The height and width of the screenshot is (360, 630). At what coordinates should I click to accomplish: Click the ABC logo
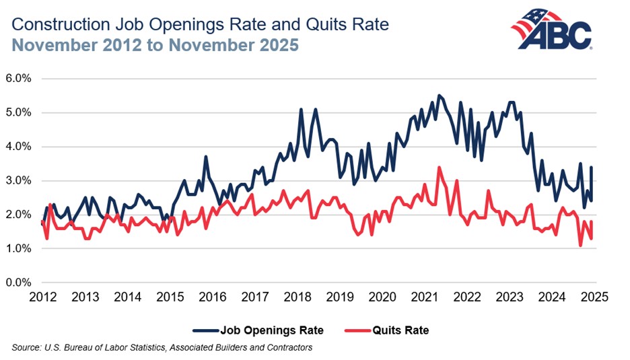pyautogui.click(x=551, y=31)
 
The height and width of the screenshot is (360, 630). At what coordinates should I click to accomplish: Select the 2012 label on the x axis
pyautogui.click(x=41, y=296)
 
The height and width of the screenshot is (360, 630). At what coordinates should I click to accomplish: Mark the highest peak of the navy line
pyautogui.click(x=439, y=96)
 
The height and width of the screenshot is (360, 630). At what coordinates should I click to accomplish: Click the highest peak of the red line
pyautogui.click(x=439, y=168)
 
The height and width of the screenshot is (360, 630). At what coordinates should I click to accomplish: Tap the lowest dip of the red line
pyautogui.click(x=581, y=246)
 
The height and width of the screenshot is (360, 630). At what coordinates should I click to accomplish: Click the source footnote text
pyautogui.click(x=162, y=347)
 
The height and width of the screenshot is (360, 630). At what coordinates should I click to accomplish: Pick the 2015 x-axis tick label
pyautogui.click(x=169, y=296)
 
